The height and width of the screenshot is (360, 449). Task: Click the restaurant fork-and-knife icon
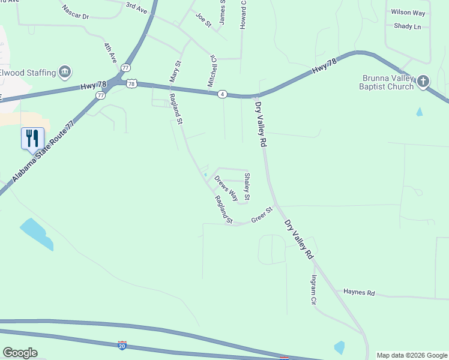tap(32, 138)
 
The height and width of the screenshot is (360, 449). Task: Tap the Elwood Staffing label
tap(27, 73)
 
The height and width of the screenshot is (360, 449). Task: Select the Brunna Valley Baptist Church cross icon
tap(423, 80)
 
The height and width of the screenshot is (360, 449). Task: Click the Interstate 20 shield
tap(122, 346)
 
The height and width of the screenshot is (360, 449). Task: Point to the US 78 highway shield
tap(131, 84)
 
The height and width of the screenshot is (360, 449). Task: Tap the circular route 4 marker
tap(222, 94)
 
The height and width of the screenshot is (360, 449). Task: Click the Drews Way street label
tap(226, 188)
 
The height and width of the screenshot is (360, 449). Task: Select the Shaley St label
tap(247, 186)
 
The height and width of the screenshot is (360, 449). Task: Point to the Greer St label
tap(262, 214)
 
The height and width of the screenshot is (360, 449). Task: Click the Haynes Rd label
tap(359, 293)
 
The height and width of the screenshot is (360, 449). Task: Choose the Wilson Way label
tap(408, 12)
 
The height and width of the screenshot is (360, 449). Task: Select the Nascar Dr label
tap(75, 12)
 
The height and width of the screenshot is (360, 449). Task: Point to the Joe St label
tap(204, 20)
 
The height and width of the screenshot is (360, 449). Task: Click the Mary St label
tap(175, 71)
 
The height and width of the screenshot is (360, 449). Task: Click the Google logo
tap(20, 353)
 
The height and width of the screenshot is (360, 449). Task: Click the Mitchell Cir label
tap(211, 71)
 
